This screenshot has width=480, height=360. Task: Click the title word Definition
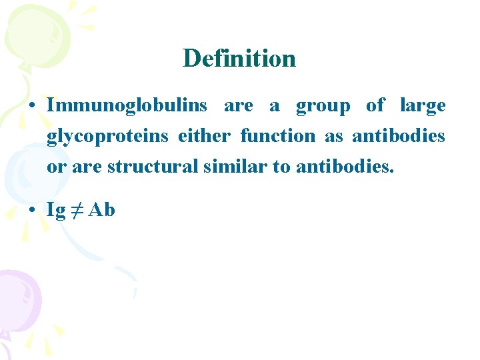click(239, 59)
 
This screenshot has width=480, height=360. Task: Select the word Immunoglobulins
click(127, 105)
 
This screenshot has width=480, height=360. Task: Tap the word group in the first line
click(323, 106)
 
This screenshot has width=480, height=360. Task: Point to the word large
click(423, 106)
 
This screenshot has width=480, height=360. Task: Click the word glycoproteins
click(107, 137)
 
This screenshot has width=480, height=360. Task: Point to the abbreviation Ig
click(56, 211)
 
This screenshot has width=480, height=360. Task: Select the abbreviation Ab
click(101, 210)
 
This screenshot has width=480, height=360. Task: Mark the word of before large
click(375, 105)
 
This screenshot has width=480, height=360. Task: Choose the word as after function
click(333, 137)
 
